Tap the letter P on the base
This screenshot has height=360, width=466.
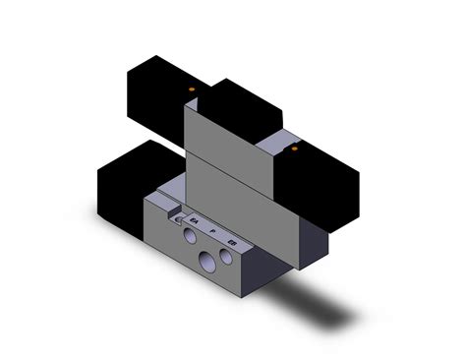(213, 230)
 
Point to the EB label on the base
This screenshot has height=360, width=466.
(232, 239)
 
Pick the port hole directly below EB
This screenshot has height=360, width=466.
(227, 257)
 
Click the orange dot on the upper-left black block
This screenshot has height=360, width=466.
(194, 90)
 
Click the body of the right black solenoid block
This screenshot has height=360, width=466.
(320, 192)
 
